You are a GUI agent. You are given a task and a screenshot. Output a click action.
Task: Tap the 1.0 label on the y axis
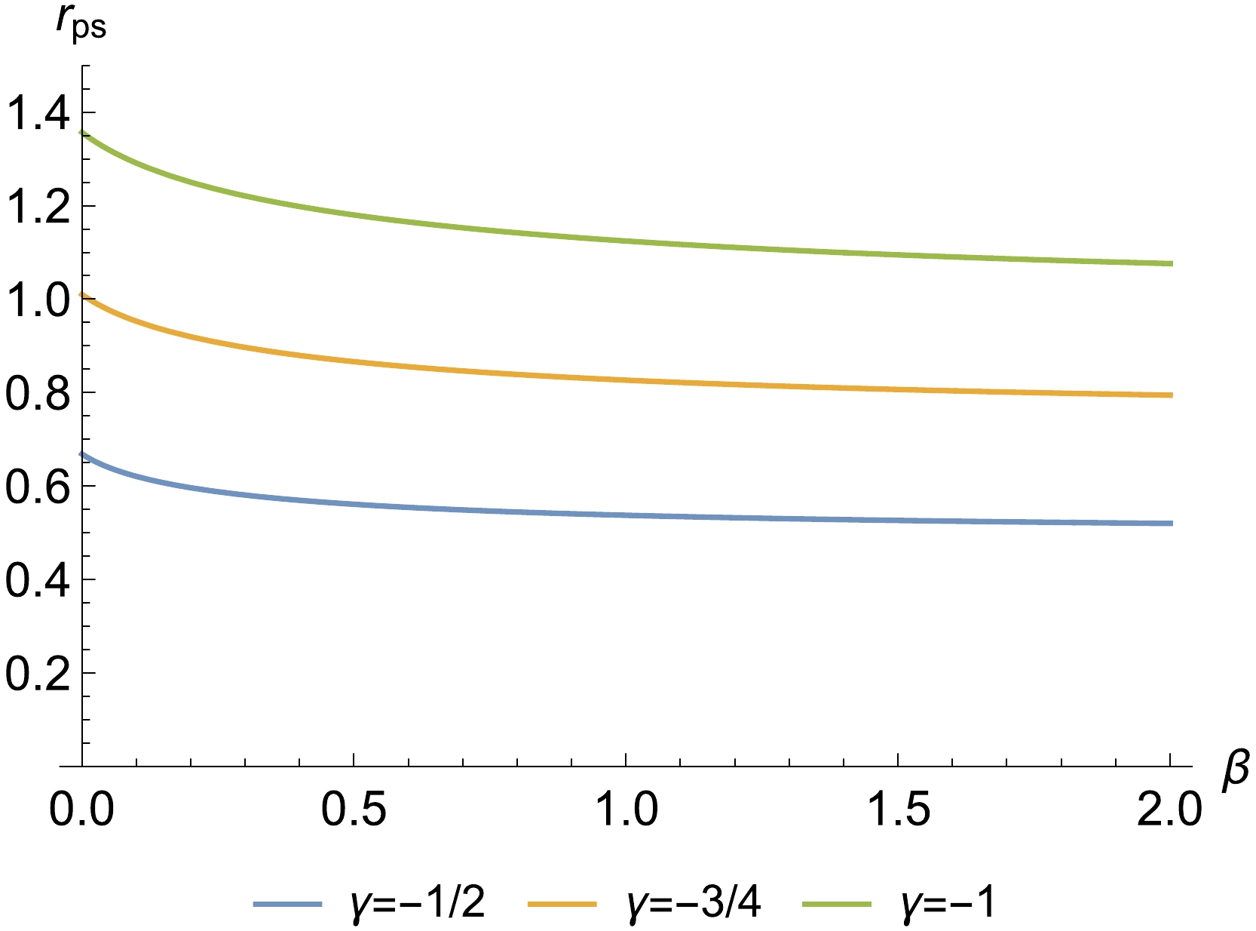tap(35, 299)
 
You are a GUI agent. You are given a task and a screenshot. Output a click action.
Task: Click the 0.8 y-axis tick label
tap(35, 392)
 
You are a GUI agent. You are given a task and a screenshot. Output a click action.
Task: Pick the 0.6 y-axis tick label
tap(35, 486)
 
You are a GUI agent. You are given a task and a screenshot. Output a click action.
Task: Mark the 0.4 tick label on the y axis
tap(35, 579)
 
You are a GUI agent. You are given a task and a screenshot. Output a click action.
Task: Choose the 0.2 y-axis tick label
tap(35, 673)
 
